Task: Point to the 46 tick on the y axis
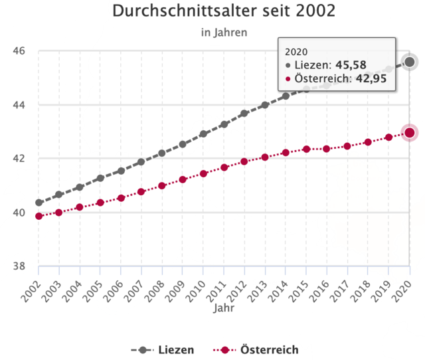point(19,50)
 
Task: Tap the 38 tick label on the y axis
point(19,266)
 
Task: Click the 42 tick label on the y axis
point(19,159)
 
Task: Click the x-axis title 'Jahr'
point(224,308)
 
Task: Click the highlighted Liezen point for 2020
point(410,62)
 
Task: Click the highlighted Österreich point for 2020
point(410,133)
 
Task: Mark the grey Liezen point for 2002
point(39,203)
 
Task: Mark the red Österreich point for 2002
point(39,216)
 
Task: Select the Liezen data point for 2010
point(204,134)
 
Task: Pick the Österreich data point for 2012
point(244,161)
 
